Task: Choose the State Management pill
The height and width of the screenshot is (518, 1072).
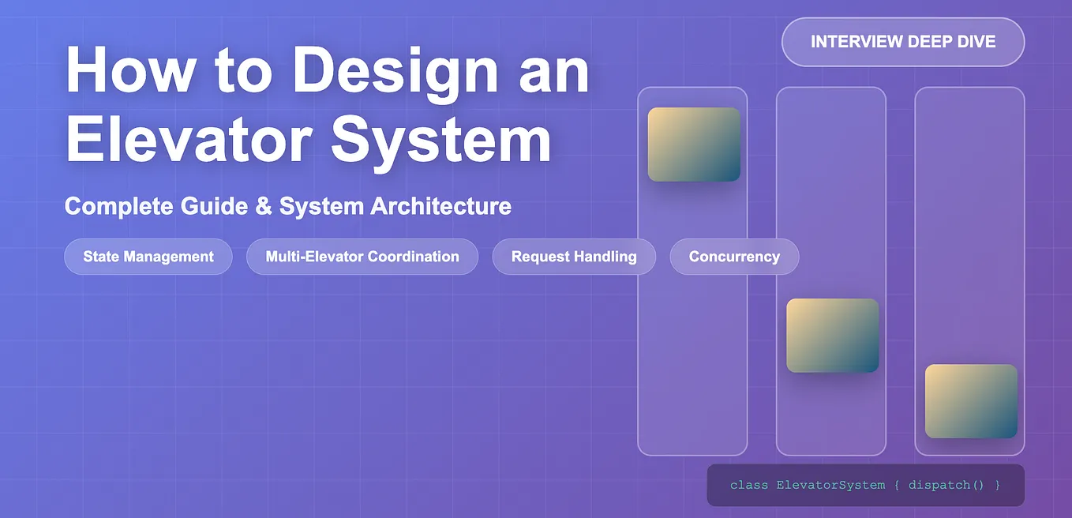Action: click(x=148, y=257)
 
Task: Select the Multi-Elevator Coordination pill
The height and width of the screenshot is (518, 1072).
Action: click(x=362, y=257)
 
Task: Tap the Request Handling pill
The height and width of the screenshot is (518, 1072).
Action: click(x=574, y=257)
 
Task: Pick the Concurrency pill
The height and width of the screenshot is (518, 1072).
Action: click(x=734, y=257)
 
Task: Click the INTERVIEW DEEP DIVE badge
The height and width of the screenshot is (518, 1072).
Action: click(x=903, y=42)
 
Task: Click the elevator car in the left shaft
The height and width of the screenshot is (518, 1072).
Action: click(x=694, y=145)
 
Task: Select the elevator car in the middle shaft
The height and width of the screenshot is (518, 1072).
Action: click(x=832, y=336)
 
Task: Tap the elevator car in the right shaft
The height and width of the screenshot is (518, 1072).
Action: click(x=971, y=401)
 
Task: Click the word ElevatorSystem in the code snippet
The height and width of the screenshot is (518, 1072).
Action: click(x=830, y=485)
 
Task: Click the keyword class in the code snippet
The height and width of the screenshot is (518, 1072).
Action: click(x=749, y=485)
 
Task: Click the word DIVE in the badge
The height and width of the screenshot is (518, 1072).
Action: click(x=974, y=42)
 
